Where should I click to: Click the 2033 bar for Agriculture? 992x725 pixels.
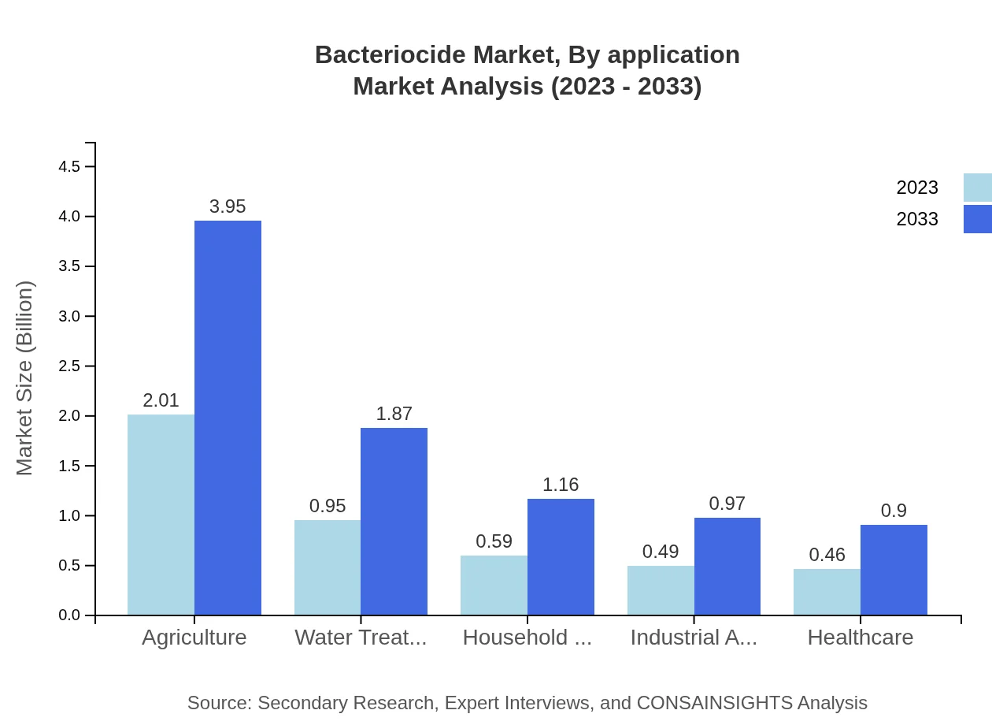click(x=228, y=418)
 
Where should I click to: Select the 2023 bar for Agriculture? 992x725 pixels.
click(x=161, y=515)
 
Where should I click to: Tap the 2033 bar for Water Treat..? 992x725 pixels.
click(x=394, y=521)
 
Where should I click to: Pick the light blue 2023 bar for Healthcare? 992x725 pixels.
click(x=827, y=592)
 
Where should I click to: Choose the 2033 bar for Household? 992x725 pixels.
click(x=561, y=556)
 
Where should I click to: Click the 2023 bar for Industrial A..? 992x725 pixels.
click(x=661, y=590)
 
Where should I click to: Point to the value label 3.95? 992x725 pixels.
click(x=228, y=206)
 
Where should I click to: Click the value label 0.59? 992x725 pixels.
click(x=494, y=541)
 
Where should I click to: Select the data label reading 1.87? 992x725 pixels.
click(x=394, y=414)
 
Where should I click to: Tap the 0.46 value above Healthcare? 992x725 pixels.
click(x=827, y=555)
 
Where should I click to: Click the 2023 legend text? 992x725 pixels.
click(x=917, y=188)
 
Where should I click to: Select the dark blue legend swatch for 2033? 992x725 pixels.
click(x=977, y=219)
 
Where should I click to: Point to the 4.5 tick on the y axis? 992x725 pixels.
click(x=69, y=166)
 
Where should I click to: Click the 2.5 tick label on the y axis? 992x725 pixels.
click(x=69, y=366)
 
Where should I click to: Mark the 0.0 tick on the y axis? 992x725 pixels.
click(x=69, y=615)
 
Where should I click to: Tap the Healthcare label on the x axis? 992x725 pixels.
click(x=861, y=638)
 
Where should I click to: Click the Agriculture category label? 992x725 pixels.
click(x=194, y=638)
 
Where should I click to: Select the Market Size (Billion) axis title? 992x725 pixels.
click(x=25, y=378)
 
